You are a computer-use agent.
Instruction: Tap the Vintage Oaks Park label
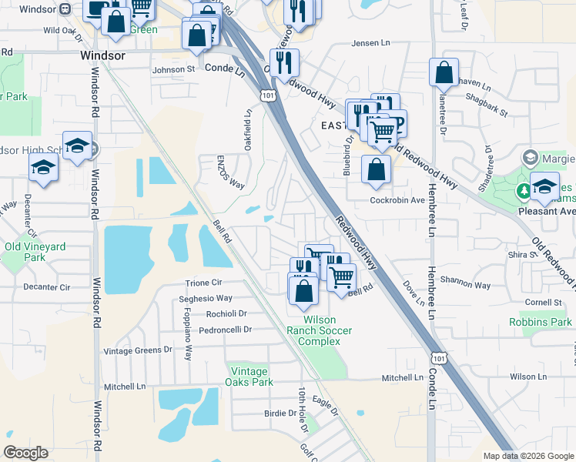click(250, 377)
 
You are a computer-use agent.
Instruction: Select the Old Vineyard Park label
click(35, 252)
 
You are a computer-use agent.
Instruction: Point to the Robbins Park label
click(541, 322)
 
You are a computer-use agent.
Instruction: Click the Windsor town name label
click(103, 56)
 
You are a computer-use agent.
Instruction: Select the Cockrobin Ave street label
click(398, 200)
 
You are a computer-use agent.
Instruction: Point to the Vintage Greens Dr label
click(138, 350)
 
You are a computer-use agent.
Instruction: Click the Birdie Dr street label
click(275, 413)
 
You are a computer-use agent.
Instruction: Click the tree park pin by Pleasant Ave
click(524, 190)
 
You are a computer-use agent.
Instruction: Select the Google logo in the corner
click(25, 453)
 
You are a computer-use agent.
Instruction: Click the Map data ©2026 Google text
click(527, 456)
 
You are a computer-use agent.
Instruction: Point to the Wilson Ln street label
click(527, 377)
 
